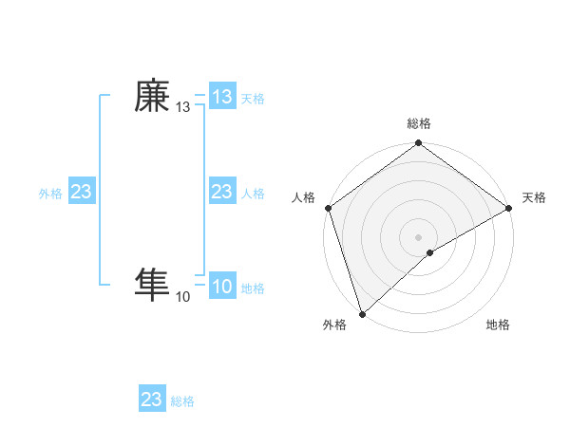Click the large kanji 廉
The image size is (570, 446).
[152, 96]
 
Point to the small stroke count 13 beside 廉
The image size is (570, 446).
[182, 108]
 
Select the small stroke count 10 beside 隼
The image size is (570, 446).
[182, 297]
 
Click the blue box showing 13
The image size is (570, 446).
[222, 97]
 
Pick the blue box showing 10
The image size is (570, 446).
[222, 287]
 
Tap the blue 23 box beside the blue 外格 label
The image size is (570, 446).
[82, 193]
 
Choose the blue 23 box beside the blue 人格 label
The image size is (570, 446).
[222, 193]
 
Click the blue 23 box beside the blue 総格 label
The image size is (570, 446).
[152, 400]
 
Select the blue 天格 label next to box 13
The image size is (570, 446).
[253, 98]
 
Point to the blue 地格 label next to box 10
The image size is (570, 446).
[253, 288]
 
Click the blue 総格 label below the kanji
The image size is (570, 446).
[182, 401]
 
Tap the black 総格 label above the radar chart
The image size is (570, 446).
[418, 124]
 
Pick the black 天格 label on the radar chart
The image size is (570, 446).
[535, 197]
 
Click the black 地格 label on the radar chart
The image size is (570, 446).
[498, 325]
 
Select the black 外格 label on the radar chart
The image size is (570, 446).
[334, 325]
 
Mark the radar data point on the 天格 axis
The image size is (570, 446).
[508, 208]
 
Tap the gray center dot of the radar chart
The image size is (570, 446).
[418, 237]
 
